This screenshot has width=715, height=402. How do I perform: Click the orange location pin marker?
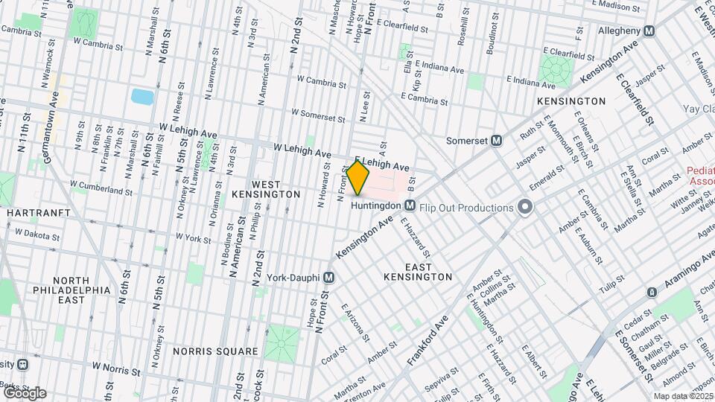click(x=358, y=177)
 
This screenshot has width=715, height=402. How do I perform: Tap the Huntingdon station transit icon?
click(x=410, y=205)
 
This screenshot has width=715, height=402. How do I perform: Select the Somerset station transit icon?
click(x=496, y=140)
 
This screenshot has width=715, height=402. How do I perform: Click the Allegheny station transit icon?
click(x=649, y=31)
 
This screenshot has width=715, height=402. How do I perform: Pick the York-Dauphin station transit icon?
click(x=328, y=276)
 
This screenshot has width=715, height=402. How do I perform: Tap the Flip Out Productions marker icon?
click(x=526, y=207)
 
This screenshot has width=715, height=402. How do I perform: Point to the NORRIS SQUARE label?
click(x=214, y=351)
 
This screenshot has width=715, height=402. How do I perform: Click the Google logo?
click(x=24, y=392)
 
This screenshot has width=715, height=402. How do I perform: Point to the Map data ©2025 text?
click(x=682, y=396)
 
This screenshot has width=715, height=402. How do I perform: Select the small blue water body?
click(x=142, y=96)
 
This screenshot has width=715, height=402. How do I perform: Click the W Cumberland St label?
click(x=101, y=183)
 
